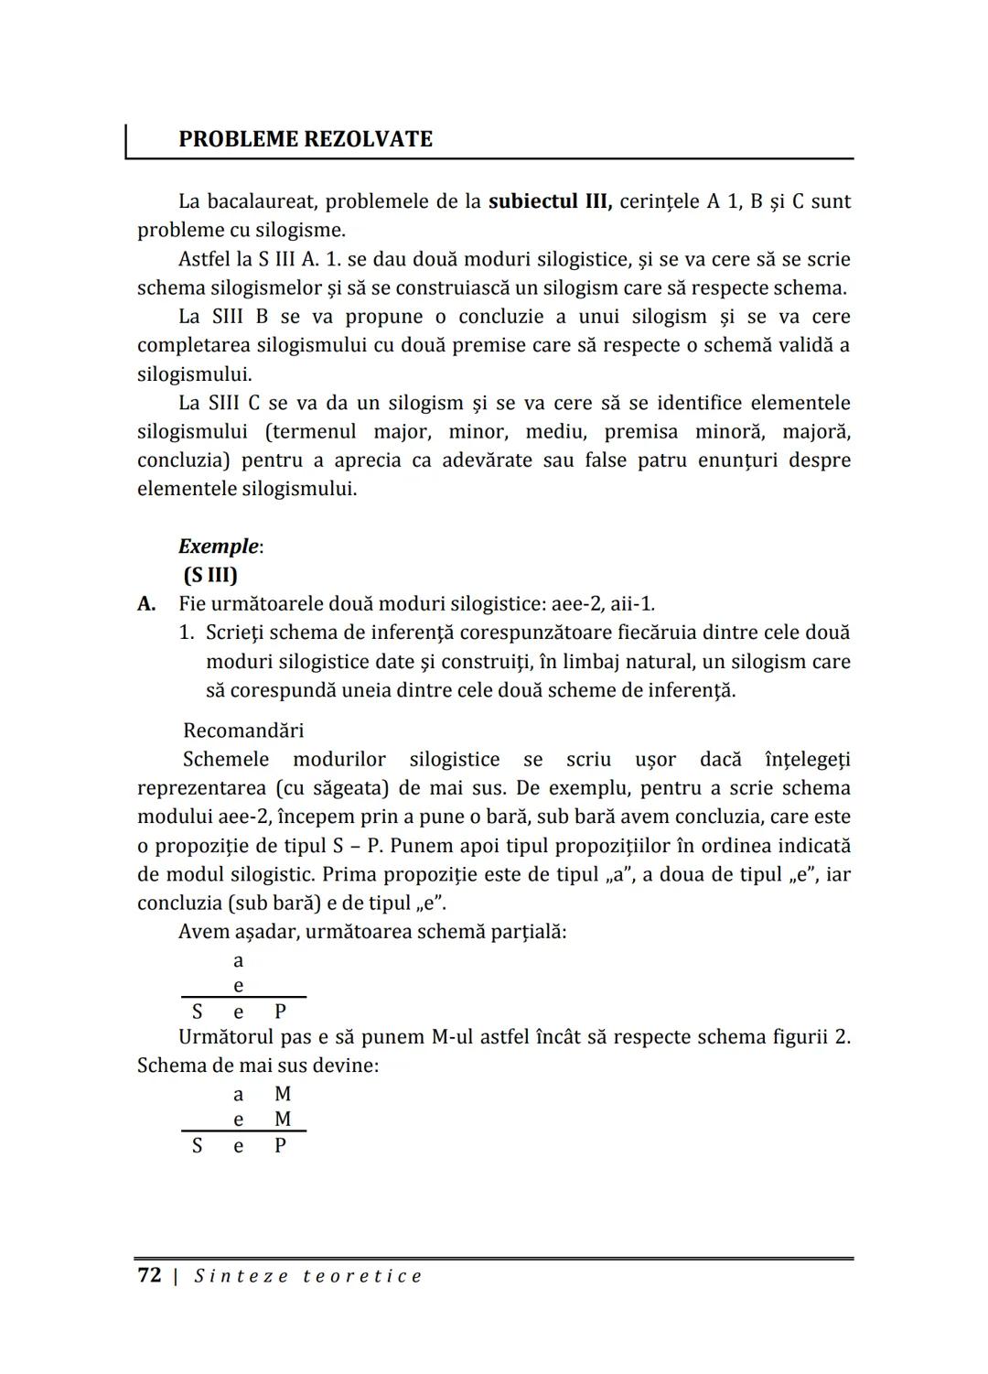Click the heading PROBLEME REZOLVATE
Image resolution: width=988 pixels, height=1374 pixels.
[x=306, y=139]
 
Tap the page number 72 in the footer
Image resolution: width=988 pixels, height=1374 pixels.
[x=149, y=1276]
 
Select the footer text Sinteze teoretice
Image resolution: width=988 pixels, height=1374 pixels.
[x=308, y=1276]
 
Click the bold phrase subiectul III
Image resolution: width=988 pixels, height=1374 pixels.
[x=550, y=201]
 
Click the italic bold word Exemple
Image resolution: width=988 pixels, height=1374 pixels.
[x=219, y=546]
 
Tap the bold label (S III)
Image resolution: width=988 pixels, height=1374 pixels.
[x=210, y=575]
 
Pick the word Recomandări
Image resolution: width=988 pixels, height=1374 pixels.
[x=243, y=730]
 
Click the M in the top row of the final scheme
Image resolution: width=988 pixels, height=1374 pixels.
[x=283, y=1095]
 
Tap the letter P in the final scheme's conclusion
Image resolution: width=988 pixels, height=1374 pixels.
[x=281, y=1146]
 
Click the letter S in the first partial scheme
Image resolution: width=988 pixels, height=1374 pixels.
[x=197, y=1012]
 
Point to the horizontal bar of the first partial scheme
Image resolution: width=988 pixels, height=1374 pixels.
[x=243, y=998]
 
